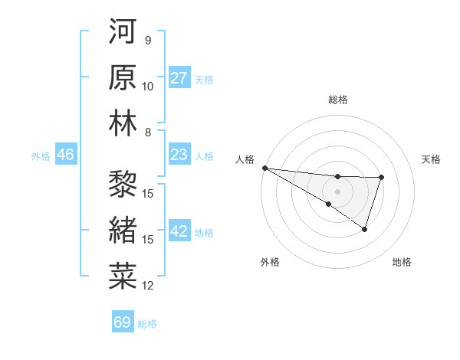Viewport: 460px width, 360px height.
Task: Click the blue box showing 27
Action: click(x=179, y=78)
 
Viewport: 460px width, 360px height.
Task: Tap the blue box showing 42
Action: click(x=179, y=232)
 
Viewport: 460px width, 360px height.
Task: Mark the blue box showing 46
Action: click(x=66, y=155)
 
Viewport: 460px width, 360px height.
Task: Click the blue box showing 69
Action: click(x=123, y=322)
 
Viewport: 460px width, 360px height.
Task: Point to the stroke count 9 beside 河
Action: click(x=148, y=40)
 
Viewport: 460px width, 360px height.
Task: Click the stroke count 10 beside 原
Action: click(x=148, y=86)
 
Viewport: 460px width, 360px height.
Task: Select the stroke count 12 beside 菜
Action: click(x=148, y=286)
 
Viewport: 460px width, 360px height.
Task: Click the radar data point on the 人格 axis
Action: click(x=264, y=168)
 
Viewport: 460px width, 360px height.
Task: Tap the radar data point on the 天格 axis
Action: click(x=381, y=178)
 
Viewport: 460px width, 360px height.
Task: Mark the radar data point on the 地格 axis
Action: click(x=365, y=229)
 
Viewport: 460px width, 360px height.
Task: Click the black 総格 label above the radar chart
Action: click(x=338, y=100)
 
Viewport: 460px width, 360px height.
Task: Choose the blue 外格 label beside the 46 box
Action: click(x=41, y=156)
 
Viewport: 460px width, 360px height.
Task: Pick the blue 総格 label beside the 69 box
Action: click(x=147, y=324)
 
